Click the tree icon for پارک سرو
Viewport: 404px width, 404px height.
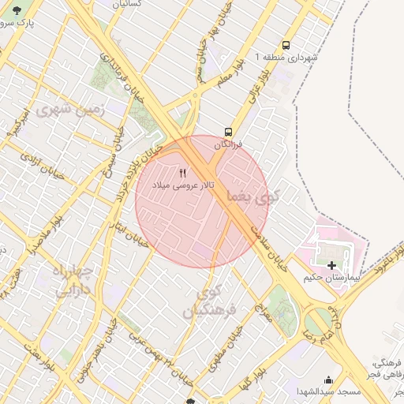(x=17, y=10)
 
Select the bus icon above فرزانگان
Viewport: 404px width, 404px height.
(x=228, y=131)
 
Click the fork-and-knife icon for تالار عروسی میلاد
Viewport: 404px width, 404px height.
(x=184, y=172)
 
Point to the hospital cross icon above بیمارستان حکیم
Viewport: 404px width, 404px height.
(x=331, y=266)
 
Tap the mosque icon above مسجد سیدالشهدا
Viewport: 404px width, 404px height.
(x=328, y=380)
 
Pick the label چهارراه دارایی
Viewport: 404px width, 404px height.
(x=72, y=281)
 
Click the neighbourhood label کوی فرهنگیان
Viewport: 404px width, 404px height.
(x=209, y=304)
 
